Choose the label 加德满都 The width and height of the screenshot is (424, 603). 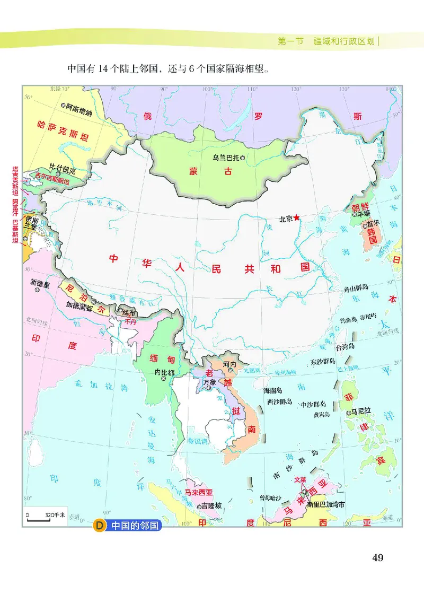(79, 306)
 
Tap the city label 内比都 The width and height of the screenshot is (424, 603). (164, 372)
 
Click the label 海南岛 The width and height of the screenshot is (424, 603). (275, 390)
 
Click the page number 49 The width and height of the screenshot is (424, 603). (377, 557)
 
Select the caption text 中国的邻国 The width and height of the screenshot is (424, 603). (134, 526)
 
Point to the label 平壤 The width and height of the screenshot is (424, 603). (364, 215)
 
